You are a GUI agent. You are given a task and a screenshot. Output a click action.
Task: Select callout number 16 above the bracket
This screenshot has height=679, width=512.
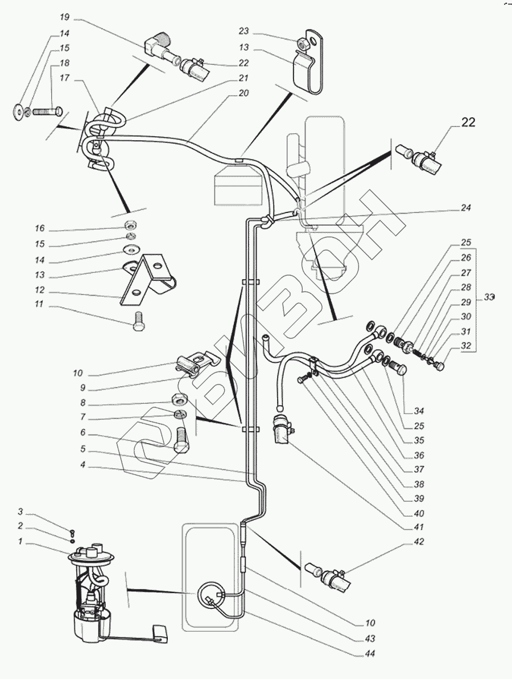coord(39,228)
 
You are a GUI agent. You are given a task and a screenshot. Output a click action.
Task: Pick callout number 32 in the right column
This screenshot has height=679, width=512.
coord(466,345)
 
